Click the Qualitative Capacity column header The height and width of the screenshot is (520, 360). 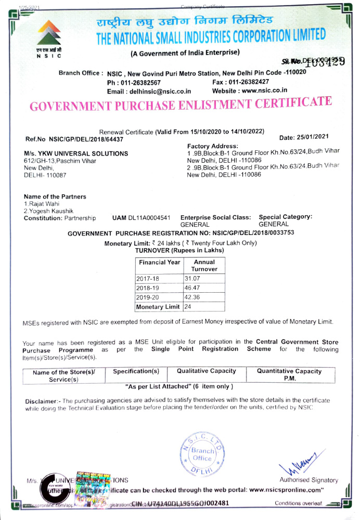[206, 371]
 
